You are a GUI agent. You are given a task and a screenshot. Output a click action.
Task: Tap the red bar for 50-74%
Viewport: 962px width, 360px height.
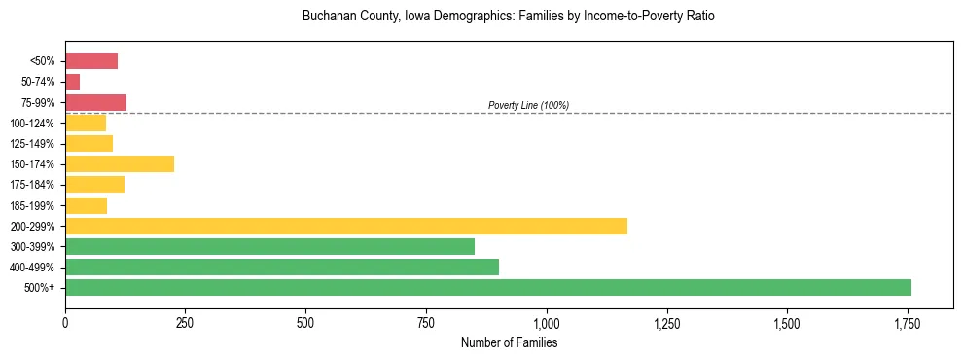click(x=73, y=82)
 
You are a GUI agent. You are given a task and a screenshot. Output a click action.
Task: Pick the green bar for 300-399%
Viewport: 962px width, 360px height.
click(x=269, y=246)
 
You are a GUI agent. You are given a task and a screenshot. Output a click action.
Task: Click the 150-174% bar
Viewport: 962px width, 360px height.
click(x=120, y=163)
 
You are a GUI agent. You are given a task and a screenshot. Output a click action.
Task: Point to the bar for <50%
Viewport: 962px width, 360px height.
click(x=91, y=61)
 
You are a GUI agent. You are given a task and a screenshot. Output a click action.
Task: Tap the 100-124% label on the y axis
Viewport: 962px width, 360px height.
click(x=33, y=124)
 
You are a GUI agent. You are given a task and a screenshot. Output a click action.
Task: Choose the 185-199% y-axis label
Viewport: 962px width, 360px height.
click(x=33, y=205)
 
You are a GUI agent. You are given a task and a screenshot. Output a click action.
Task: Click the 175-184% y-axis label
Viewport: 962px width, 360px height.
click(x=33, y=185)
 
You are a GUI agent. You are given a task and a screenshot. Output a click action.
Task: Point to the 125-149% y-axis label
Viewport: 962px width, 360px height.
click(x=33, y=144)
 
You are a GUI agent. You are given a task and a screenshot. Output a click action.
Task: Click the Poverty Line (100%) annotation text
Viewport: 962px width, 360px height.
click(x=528, y=105)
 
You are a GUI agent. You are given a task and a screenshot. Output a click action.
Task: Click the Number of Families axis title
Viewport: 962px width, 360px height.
click(x=509, y=342)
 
